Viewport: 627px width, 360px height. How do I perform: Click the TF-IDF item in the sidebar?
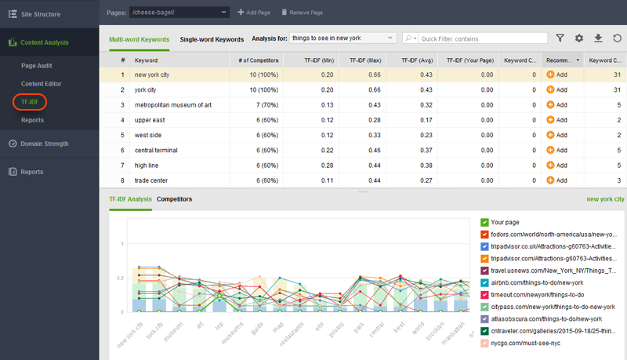(x=29, y=102)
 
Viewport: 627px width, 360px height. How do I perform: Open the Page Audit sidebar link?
(x=38, y=65)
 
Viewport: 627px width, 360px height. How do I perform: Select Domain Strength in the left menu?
(x=44, y=144)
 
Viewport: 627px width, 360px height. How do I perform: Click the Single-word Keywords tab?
(x=212, y=38)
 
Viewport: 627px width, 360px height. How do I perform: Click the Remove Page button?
(x=300, y=13)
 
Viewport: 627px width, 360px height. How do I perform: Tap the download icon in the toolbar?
(x=598, y=38)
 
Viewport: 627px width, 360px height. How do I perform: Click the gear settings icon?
(x=579, y=38)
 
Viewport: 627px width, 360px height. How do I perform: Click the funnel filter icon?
(x=560, y=38)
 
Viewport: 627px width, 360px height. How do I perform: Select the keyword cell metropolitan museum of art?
(x=172, y=105)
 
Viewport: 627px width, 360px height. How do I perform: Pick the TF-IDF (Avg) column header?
(x=416, y=60)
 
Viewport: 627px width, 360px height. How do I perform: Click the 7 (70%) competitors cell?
(x=262, y=105)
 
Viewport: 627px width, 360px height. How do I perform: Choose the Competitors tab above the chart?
(x=174, y=199)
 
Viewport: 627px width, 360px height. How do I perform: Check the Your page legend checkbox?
(x=485, y=223)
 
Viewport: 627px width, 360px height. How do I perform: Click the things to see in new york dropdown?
(x=342, y=38)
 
